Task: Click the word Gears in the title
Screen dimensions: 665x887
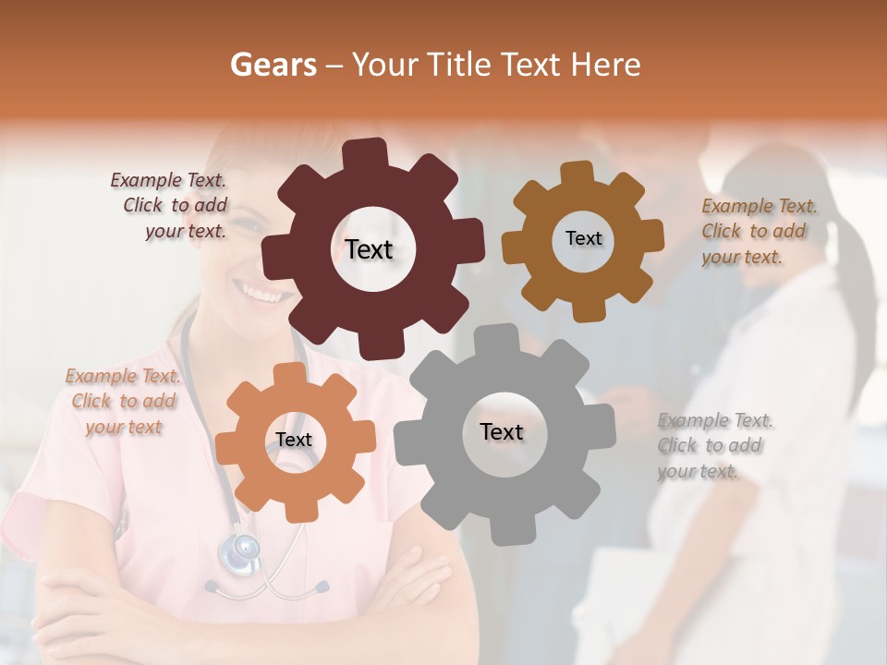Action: pyautogui.click(x=273, y=65)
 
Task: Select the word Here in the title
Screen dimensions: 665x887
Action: pyautogui.click(x=606, y=65)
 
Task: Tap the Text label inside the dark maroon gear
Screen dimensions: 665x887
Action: pyautogui.click(x=369, y=249)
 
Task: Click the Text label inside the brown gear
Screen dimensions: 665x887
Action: pyautogui.click(x=583, y=238)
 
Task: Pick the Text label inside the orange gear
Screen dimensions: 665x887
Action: pyautogui.click(x=294, y=441)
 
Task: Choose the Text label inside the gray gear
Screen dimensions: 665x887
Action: pyautogui.click(x=502, y=432)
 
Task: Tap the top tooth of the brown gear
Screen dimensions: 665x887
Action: pyautogui.click(x=577, y=174)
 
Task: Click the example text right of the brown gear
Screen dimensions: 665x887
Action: pyautogui.click(x=758, y=232)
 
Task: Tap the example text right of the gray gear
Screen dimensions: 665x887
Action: pyautogui.click(x=713, y=446)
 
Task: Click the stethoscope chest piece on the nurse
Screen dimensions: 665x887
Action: pyautogui.click(x=239, y=551)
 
